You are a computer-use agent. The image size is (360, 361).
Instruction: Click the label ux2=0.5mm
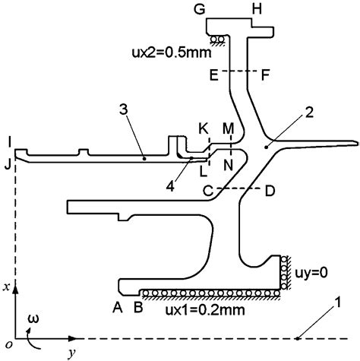click(x=172, y=52)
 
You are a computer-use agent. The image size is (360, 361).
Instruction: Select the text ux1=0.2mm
click(x=205, y=309)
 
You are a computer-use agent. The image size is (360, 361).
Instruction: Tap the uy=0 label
click(x=311, y=273)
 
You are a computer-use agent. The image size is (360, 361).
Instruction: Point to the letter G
click(x=200, y=10)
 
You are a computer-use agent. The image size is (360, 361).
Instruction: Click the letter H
click(x=257, y=10)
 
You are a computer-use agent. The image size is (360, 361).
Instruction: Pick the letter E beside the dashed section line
click(x=214, y=75)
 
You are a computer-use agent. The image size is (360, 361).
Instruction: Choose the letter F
click(x=265, y=75)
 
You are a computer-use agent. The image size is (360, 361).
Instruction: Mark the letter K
click(x=204, y=128)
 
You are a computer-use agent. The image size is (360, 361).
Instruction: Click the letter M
click(x=228, y=128)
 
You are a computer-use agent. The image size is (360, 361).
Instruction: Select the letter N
click(x=228, y=166)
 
